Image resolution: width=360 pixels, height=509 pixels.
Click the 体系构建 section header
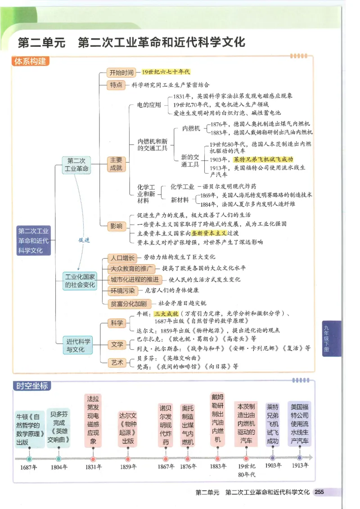[x=31, y=62]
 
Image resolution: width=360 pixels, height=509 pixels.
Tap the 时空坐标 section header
[x=31, y=386]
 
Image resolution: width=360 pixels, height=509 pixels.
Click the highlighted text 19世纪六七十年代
[x=166, y=72]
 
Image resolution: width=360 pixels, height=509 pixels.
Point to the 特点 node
[x=116, y=85]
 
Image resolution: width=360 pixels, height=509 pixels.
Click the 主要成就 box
[x=116, y=164]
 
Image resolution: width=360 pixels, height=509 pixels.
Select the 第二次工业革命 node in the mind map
[x=76, y=165]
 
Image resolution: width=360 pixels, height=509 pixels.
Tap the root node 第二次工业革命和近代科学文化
[x=34, y=241]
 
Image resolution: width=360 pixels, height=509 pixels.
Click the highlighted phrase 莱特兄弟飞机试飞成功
[x=261, y=160]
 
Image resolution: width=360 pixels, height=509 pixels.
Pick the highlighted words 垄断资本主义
[x=208, y=233]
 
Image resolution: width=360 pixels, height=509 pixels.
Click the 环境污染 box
[x=123, y=291]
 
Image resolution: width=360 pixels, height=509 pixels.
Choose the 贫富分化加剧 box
[x=129, y=304]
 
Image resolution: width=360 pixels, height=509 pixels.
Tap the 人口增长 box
[x=122, y=258]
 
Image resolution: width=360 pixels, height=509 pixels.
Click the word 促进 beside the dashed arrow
[x=84, y=240]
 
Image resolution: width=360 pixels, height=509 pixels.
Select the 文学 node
[x=117, y=344]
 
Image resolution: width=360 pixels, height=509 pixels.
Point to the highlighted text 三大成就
[x=166, y=313]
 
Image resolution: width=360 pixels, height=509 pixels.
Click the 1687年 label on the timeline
[x=29, y=467]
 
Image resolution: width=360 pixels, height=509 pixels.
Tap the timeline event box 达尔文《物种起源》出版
[x=127, y=428]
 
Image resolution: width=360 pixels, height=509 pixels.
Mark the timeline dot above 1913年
[x=299, y=458]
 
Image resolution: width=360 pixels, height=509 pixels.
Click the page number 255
[x=319, y=492]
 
